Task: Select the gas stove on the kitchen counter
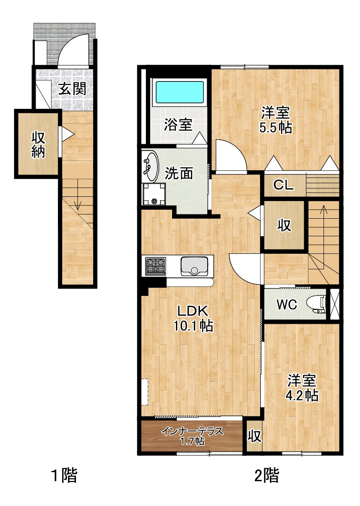pos(156,266)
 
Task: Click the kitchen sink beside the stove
pos(194,266)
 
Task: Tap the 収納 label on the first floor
pos(38,145)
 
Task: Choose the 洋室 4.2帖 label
pos(302,388)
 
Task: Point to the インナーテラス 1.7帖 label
pos(192,436)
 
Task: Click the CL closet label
pos(284,185)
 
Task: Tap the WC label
pos(287,304)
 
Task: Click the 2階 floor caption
pos(267,476)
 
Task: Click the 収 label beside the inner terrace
pos(254,436)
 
